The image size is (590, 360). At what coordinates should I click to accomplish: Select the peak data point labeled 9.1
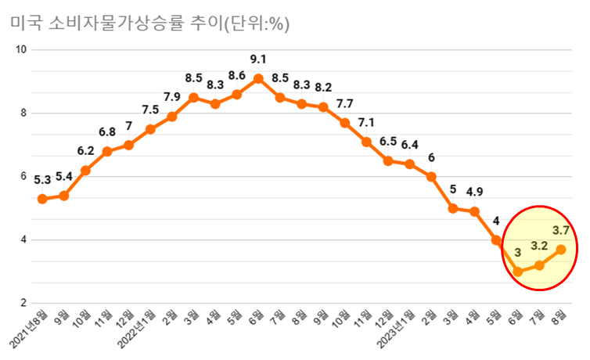coord(258,78)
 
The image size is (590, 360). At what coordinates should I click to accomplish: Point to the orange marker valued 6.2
coord(85,170)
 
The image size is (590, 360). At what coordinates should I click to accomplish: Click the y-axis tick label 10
coord(22,49)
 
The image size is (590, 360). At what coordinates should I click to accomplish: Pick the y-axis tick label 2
coord(24,304)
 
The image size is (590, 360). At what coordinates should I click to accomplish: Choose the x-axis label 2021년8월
coord(29,329)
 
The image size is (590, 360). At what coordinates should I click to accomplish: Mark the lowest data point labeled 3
coord(517,272)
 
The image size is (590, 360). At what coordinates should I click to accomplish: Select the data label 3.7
coord(561,230)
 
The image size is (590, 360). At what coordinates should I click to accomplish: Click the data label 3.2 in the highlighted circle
coord(540,246)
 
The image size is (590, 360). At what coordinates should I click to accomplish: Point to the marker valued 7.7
coord(344,123)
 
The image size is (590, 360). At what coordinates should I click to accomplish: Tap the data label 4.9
coord(474,192)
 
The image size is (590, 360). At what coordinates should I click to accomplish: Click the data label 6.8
coord(107,131)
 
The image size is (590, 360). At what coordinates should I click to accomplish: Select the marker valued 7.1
coord(366,142)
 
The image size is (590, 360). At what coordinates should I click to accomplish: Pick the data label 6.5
coord(388,142)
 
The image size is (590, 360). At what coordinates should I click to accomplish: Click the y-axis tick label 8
coord(24,113)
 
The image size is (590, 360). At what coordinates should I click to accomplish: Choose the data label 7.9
coord(172,97)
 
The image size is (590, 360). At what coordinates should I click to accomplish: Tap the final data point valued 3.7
coord(560,249)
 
